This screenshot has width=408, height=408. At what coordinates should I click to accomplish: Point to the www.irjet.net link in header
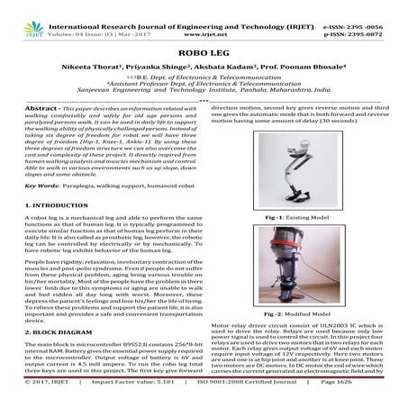tap(204, 17)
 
